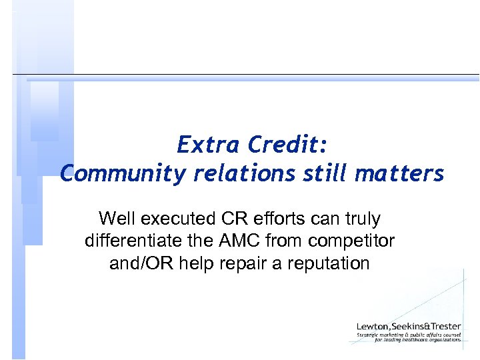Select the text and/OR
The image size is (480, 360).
click(x=141, y=263)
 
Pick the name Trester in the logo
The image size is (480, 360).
click(x=444, y=326)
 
